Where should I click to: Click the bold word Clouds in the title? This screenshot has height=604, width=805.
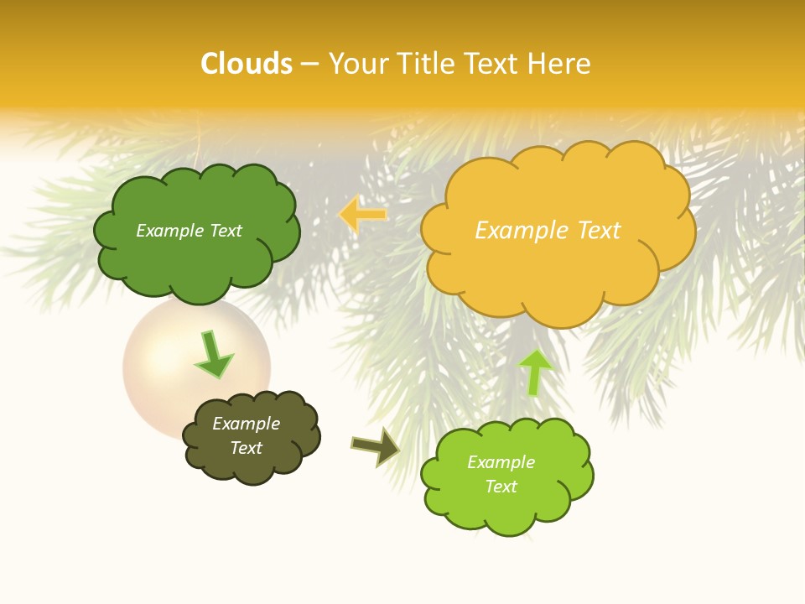[x=247, y=64]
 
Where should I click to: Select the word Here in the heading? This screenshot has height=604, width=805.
[x=562, y=64]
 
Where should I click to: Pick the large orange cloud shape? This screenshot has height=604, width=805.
[x=558, y=268]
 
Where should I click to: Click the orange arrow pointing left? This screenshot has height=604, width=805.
[x=363, y=215]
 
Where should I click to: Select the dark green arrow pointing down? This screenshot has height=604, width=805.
[x=214, y=355]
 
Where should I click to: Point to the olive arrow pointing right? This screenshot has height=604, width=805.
[x=375, y=445]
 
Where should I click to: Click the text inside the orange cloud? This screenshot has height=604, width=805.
[x=548, y=231]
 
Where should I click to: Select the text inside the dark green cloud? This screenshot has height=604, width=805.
[x=189, y=231]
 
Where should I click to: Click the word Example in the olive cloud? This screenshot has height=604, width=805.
[x=246, y=424]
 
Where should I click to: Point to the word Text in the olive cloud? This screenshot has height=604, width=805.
[x=246, y=448]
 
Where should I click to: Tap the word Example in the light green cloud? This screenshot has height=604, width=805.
[x=501, y=462]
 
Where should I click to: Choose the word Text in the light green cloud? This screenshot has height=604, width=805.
[x=501, y=487]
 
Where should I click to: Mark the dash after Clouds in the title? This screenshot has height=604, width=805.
[x=309, y=64]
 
